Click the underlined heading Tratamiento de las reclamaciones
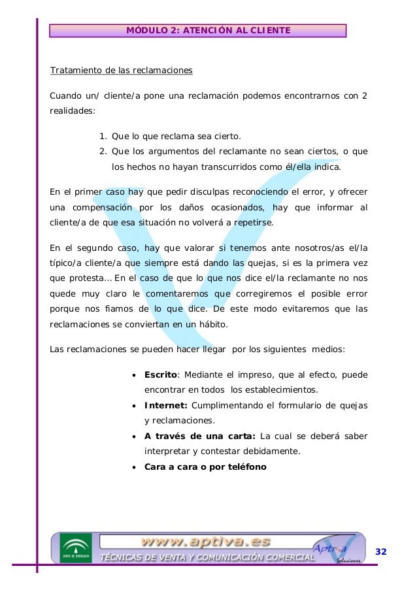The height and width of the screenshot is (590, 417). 122,70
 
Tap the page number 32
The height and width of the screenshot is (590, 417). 380,552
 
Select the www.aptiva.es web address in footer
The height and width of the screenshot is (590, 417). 206,542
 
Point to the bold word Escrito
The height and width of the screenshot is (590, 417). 161,375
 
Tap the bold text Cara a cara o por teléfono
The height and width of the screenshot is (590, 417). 205,467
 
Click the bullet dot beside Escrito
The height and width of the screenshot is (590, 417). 134,376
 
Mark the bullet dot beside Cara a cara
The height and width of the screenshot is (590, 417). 134,467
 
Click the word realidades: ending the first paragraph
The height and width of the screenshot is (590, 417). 73,112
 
